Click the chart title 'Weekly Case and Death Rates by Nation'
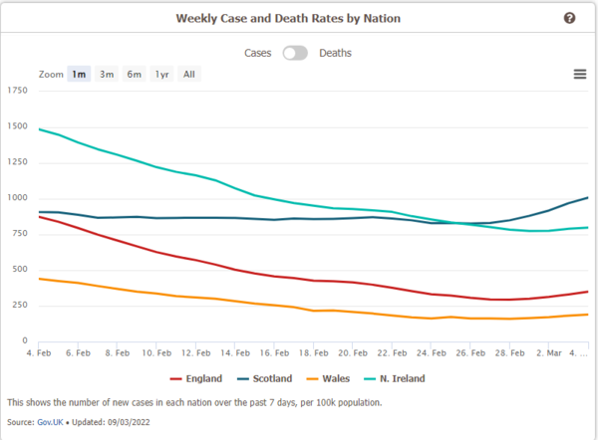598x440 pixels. [298, 18]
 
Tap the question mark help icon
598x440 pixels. [569, 18]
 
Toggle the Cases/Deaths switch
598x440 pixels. [295, 53]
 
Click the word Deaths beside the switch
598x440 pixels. [335, 53]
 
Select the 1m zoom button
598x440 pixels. [79, 74]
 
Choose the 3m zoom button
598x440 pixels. [106, 74]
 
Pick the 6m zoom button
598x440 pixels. [134, 74]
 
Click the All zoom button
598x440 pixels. [188, 74]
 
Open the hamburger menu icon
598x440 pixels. [579, 74]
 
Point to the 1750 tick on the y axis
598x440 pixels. [18, 91]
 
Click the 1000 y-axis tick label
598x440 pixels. [18, 198]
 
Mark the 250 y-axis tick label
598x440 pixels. [20, 305]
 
